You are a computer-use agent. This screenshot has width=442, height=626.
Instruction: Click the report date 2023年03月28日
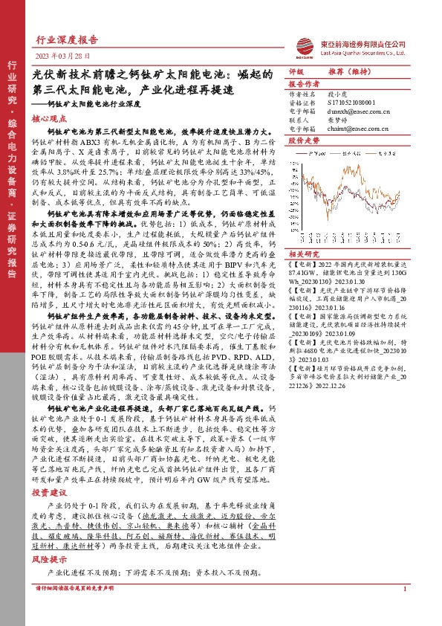62,57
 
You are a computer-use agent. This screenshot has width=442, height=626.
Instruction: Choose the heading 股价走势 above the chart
303,140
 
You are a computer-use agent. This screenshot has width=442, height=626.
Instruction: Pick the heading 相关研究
303,254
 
